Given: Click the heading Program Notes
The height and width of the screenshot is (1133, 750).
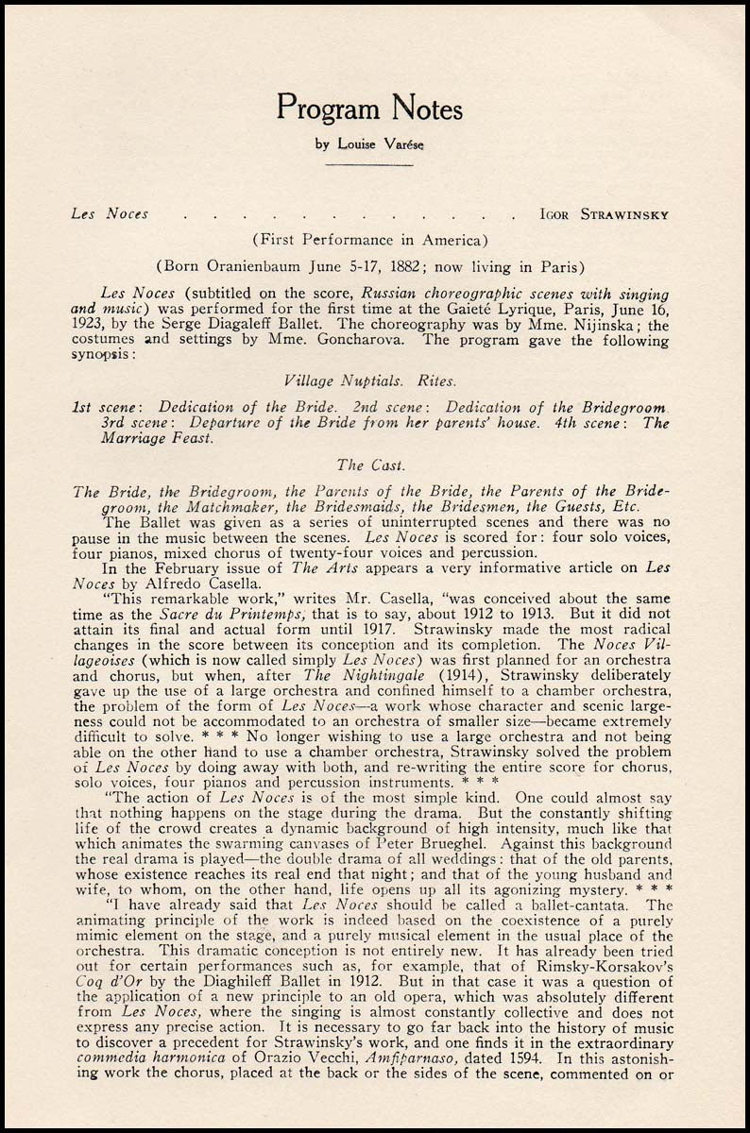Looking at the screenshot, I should click(x=369, y=110).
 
